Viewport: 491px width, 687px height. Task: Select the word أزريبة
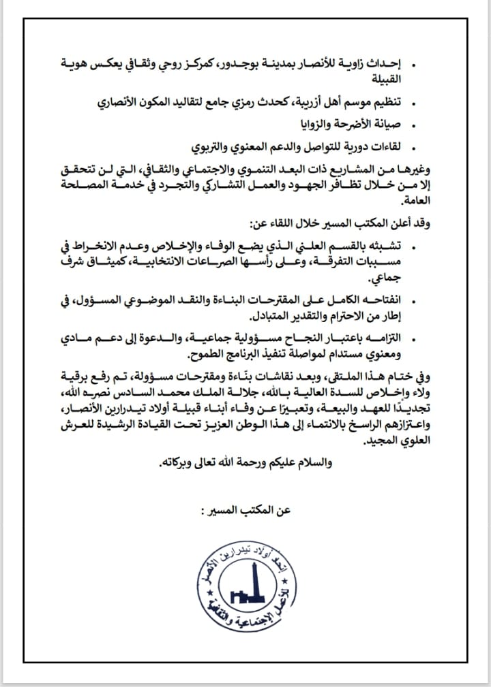297,103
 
